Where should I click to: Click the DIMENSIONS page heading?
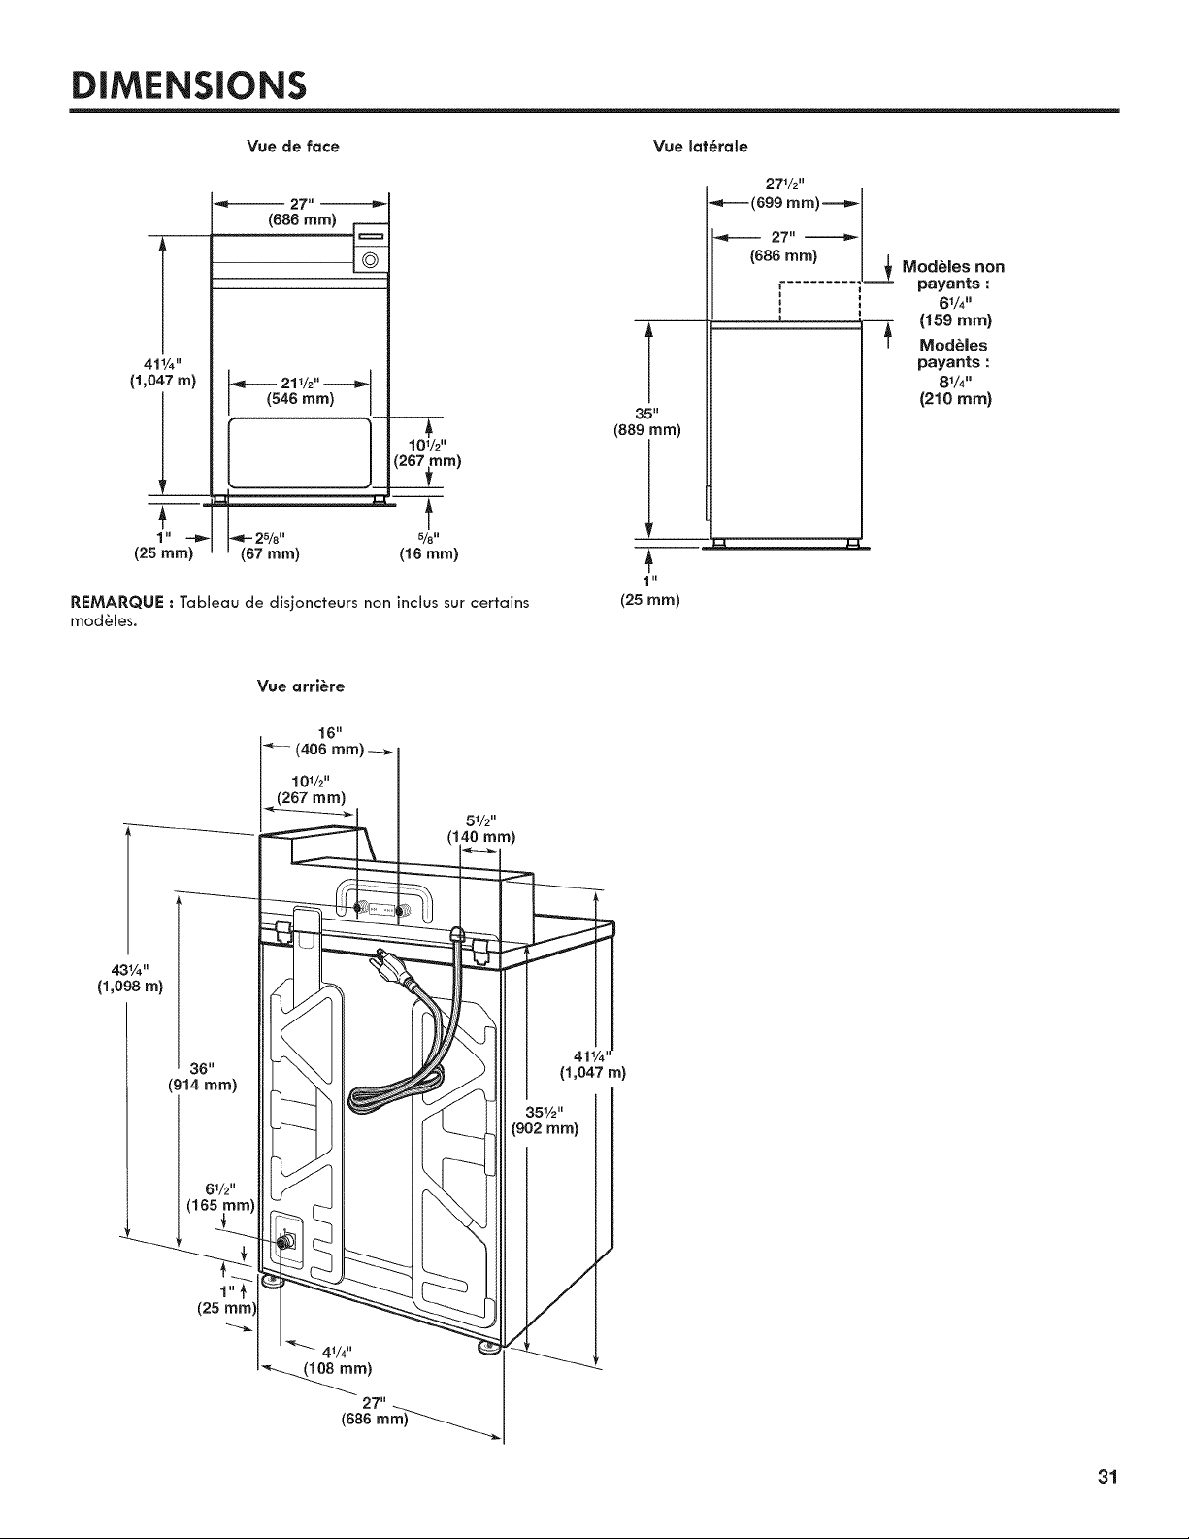[188, 85]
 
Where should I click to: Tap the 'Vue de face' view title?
[293, 147]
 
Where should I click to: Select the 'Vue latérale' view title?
[700, 147]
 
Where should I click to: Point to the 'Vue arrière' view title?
[301, 686]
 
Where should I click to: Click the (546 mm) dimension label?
[300, 399]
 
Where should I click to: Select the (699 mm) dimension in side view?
[785, 204]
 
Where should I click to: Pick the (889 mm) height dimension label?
[646, 430]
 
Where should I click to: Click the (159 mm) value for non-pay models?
[955, 320]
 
